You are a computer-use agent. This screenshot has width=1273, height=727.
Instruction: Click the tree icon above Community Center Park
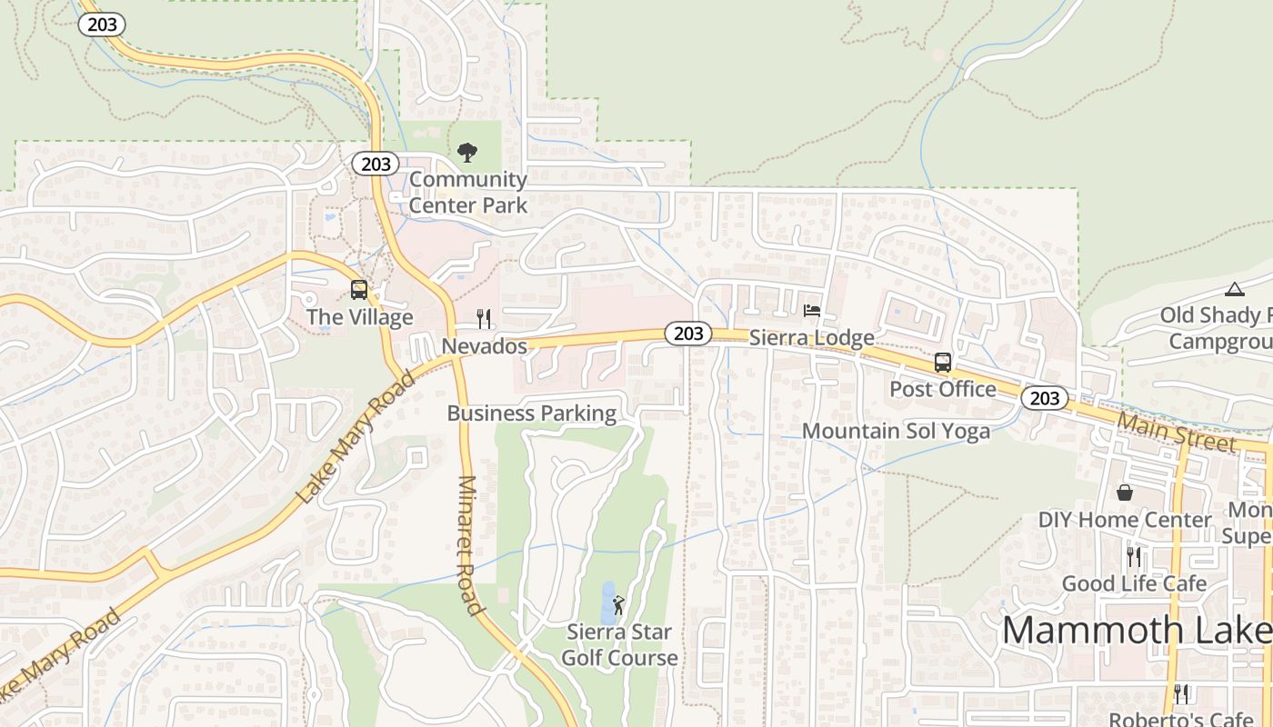pyautogui.click(x=467, y=152)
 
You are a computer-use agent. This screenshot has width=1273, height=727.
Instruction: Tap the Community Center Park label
pyautogui.click(x=467, y=192)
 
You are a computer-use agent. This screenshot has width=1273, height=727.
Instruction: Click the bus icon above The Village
pyautogui.click(x=359, y=290)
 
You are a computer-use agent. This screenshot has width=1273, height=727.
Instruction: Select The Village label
pyautogui.click(x=359, y=317)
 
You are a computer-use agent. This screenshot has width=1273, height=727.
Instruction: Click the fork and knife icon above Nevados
pyautogui.click(x=484, y=319)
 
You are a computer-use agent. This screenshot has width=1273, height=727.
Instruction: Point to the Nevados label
pyautogui.click(x=484, y=346)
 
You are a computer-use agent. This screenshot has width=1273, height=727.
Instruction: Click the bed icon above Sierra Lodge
pyautogui.click(x=812, y=311)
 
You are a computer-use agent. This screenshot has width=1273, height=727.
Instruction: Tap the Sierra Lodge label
pyautogui.click(x=811, y=338)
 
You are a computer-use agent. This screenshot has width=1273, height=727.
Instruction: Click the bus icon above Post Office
pyautogui.click(x=943, y=362)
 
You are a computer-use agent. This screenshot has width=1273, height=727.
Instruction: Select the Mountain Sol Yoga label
pyautogui.click(x=896, y=431)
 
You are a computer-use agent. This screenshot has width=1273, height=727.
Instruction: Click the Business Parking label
pyautogui.click(x=531, y=413)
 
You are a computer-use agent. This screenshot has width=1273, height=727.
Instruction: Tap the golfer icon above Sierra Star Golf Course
pyautogui.click(x=619, y=604)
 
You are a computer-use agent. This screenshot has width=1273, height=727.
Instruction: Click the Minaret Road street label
pyautogui.click(x=469, y=545)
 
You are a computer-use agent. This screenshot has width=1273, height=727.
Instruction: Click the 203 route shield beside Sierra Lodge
pyautogui.click(x=687, y=334)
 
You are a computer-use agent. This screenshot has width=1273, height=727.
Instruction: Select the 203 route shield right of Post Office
pyautogui.click(x=1044, y=398)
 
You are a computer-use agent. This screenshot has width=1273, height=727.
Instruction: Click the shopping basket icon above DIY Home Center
pyautogui.click(x=1125, y=493)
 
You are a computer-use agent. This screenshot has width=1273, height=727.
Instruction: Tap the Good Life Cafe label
pyautogui.click(x=1134, y=583)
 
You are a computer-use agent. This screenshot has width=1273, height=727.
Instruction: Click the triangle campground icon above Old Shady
pyautogui.click(x=1234, y=290)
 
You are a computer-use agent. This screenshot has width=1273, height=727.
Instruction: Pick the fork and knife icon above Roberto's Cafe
pyautogui.click(x=1181, y=694)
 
